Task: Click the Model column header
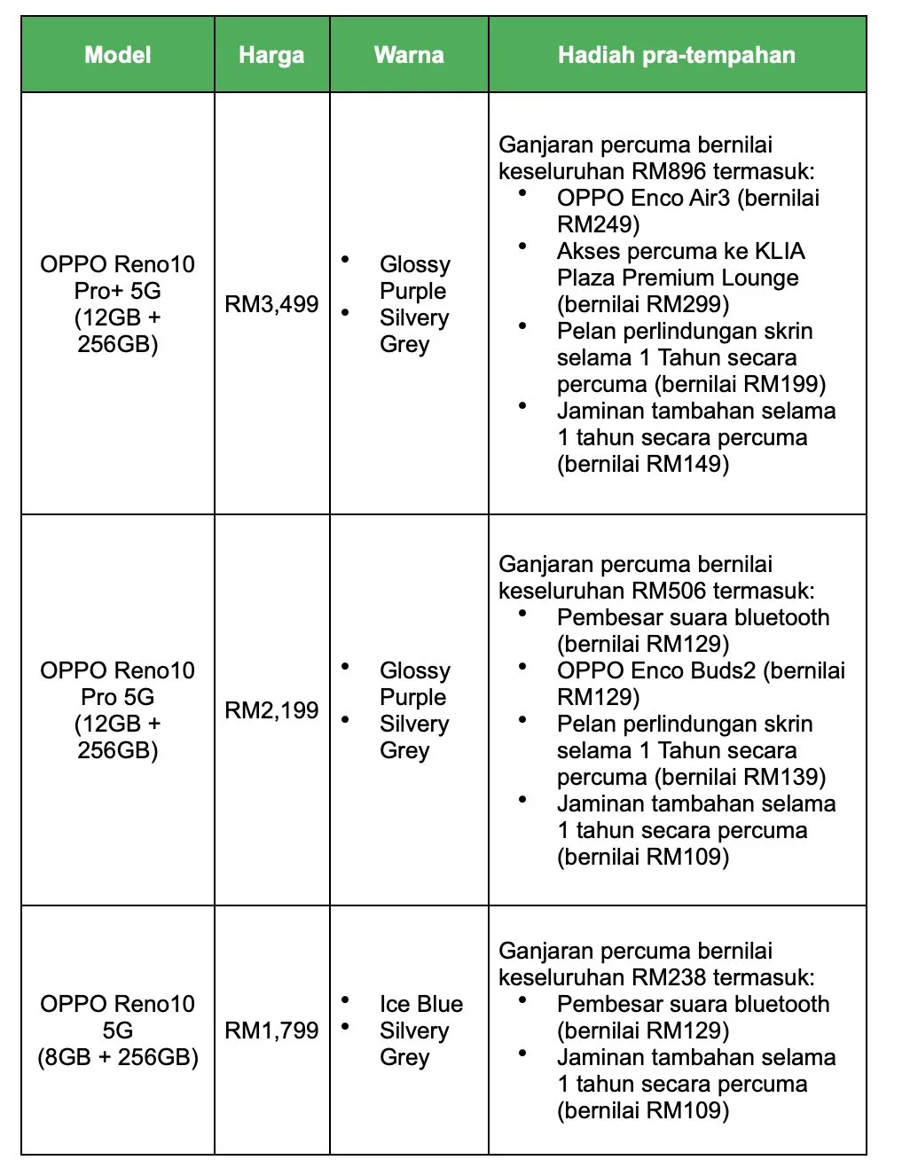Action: tap(118, 55)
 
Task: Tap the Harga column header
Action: tap(271, 55)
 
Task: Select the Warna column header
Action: tap(409, 55)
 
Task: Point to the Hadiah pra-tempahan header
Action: tap(677, 55)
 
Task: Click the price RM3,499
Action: tap(271, 304)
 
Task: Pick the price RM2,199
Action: tap(271, 709)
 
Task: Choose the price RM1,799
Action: tap(271, 1030)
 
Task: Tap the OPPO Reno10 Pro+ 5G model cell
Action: tap(118, 303)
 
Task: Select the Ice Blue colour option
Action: tap(421, 1004)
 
